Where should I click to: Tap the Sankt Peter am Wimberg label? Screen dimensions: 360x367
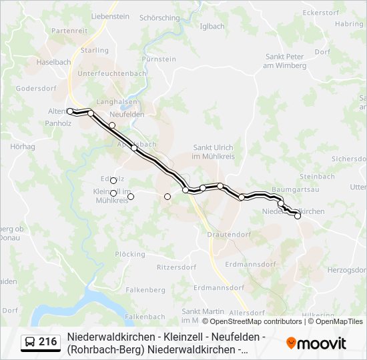point(285,61)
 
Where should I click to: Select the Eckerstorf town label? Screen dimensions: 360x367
point(320,13)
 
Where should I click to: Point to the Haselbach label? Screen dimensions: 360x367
point(54,62)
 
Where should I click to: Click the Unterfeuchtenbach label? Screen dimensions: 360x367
point(112,73)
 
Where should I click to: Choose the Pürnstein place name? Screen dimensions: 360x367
point(159,59)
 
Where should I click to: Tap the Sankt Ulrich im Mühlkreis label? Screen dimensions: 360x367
point(214,152)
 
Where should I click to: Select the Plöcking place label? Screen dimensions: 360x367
point(129,254)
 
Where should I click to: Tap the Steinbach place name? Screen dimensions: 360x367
point(317,176)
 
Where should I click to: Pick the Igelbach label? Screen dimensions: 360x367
point(212,27)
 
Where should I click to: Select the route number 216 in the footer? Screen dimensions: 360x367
point(47,343)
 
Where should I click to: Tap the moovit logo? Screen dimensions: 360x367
point(316,343)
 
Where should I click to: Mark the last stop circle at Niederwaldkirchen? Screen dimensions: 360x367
point(298,216)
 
